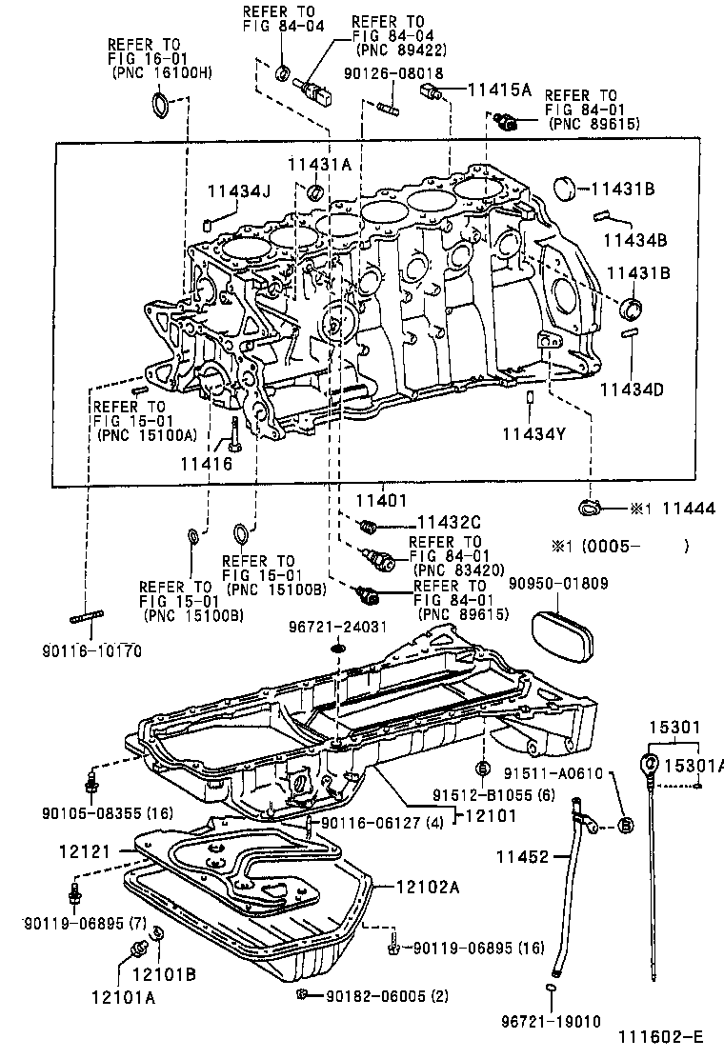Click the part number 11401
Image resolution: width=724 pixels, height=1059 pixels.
coord(384,499)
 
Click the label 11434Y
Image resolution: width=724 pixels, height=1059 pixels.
coord(534,434)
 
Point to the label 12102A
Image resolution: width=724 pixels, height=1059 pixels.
coord(428,888)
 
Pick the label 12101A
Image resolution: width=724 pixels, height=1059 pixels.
coord(124,997)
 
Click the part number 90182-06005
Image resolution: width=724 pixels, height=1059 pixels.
coord(366,995)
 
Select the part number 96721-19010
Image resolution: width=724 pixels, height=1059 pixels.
coord(551,1021)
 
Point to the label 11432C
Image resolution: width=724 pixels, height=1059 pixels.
coord(448,522)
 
